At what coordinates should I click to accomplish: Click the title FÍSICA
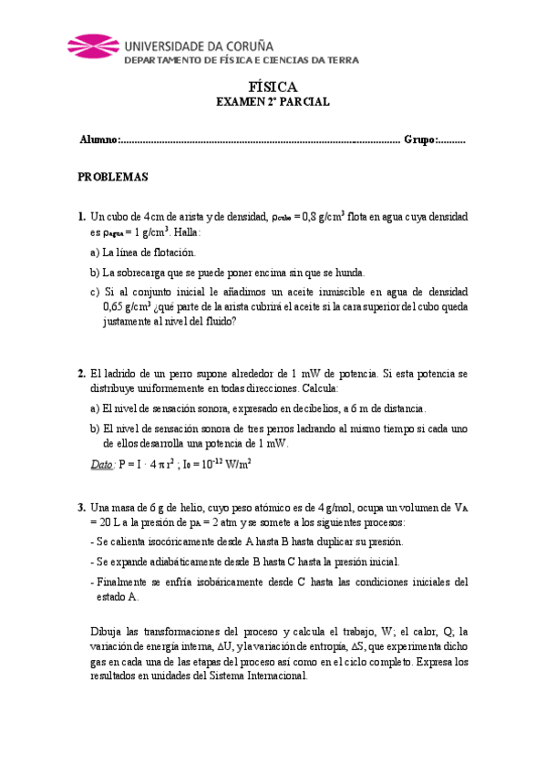pos(273,87)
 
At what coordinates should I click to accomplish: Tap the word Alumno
pos(98,140)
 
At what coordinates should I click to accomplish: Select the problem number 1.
pos(82,217)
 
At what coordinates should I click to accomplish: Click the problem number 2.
pos(82,374)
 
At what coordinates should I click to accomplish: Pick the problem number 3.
pos(82,508)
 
